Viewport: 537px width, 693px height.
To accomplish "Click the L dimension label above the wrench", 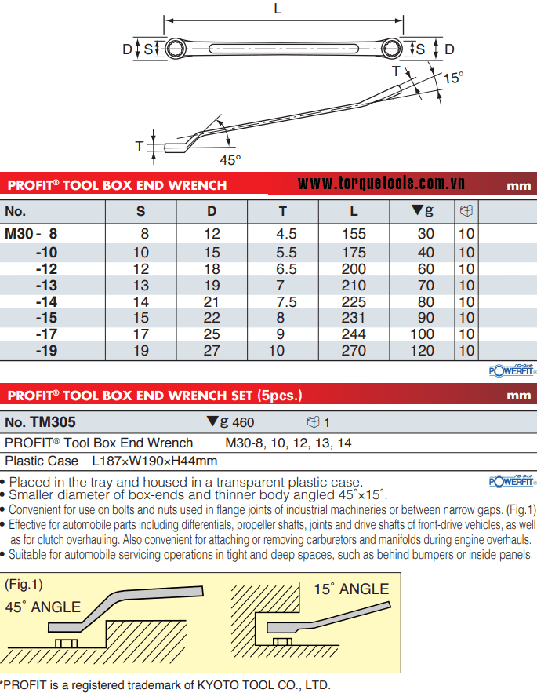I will (x=278, y=9).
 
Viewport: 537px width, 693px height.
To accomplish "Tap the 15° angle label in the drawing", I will (x=453, y=78).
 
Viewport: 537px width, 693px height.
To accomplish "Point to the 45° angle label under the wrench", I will (x=230, y=159).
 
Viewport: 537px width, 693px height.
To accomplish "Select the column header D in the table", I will (x=212, y=211).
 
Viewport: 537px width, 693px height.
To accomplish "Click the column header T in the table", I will (x=282, y=211).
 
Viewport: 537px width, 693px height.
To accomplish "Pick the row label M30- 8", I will (x=31, y=233).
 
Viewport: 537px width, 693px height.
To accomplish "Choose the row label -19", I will (x=46, y=351).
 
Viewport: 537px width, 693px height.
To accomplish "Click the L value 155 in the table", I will (x=354, y=233).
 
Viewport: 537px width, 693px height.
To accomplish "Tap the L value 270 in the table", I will (x=354, y=351).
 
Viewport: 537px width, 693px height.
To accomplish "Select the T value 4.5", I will (x=287, y=233).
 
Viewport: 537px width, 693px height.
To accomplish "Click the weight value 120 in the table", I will (x=424, y=351).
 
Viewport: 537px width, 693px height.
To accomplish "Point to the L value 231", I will (x=354, y=318).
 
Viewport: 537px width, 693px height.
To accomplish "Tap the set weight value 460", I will (x=243, y=423).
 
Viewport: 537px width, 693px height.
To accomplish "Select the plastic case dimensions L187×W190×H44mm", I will (x=154, y=461).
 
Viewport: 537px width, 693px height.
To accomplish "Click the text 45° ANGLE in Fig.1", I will (x=43, y=607).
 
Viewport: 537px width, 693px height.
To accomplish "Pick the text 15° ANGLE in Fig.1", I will (x=351, y=589).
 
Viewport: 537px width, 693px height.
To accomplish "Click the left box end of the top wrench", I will (x=173, y=49).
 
